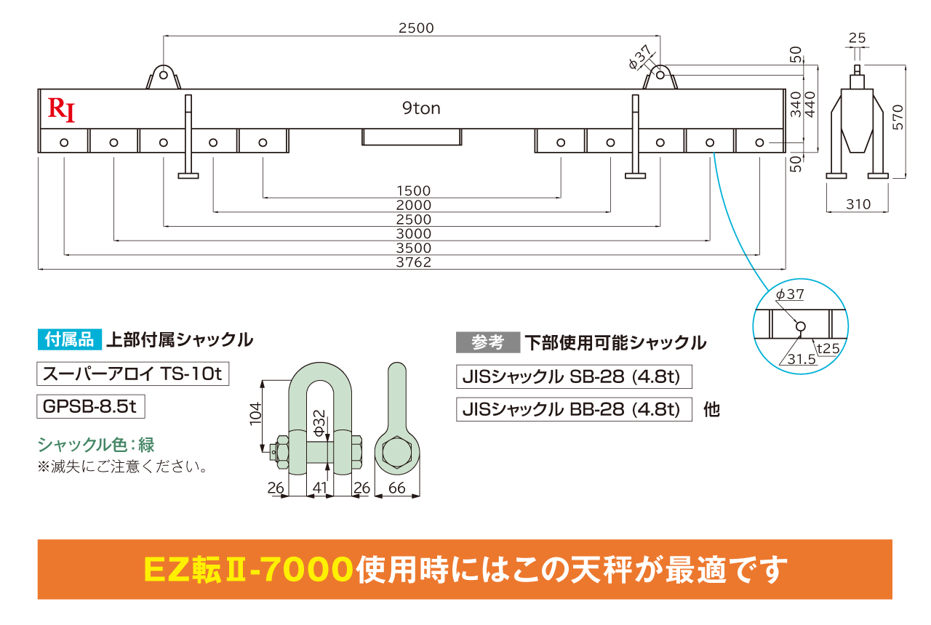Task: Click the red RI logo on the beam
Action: click(62, 110)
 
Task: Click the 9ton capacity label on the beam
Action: click(421, 108)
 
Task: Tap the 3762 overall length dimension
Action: click(414, 262)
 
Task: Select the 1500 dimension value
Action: click(414, 190)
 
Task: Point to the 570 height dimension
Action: click(898, 117)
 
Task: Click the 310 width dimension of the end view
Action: click(858, 204)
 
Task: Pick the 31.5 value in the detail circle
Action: click(802, 359)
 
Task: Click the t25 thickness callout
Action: click(828, 348)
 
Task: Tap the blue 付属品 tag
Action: click(69, 339)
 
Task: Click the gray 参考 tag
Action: click(488, 342)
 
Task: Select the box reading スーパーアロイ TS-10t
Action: click(133, 374)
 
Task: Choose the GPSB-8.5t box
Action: click(91, 406)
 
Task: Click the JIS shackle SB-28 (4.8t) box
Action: click(574, 376)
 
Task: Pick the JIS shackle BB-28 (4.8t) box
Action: click(574, 409)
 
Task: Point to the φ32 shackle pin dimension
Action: click(319, 423)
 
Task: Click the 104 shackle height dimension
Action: click(255, 414)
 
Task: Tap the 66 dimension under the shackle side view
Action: click(396, 488)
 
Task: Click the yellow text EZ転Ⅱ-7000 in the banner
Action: click(248, 569)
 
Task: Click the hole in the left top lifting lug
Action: click(164, 75)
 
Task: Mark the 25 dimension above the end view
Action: click(857, 38)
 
